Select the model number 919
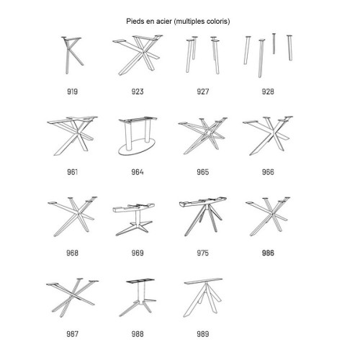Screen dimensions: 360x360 (72, 91)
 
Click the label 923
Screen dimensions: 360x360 (138, 91)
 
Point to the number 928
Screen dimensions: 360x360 (268, 91)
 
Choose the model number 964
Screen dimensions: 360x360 (138, 172)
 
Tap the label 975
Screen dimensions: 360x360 (203, 253)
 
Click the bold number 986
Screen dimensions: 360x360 (268, 253)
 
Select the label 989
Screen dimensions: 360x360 (203, 334)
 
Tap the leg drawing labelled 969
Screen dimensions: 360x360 (134, 219)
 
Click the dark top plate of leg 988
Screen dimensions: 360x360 (140, 281)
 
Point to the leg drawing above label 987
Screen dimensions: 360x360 (72, 297)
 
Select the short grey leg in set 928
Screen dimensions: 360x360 (274, 44)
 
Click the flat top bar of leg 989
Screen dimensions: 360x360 (204, 281)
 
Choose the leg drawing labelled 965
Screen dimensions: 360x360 (203, 135)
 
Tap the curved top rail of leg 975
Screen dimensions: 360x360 (203, 202)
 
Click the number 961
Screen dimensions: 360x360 (72, 172)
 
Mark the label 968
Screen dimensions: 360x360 (72, 253)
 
